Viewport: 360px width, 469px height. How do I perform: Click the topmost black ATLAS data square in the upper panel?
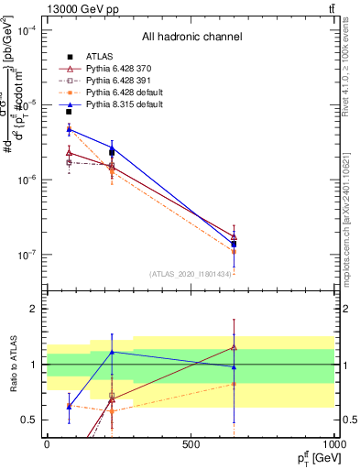tap(69, 112)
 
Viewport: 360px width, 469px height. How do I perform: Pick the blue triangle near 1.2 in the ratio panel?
tap(112, 352)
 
